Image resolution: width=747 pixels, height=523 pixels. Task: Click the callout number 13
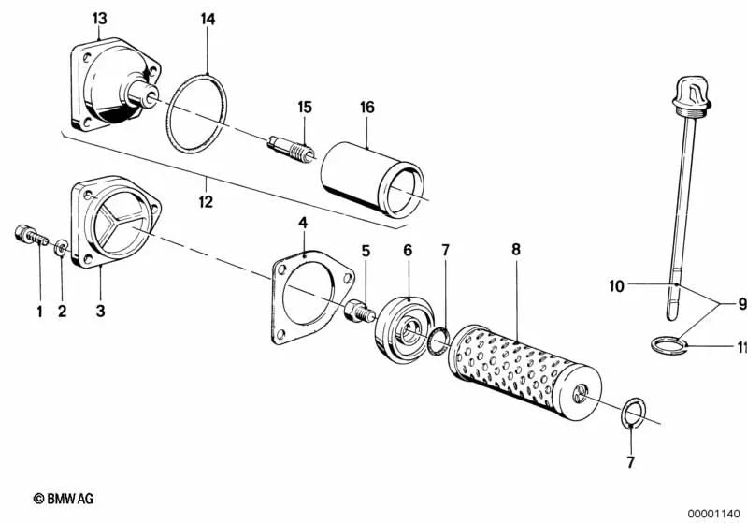pyautogui.click(x=100, y=19)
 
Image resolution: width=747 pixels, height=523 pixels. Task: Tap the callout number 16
pyautogui.click(x=367, y=108)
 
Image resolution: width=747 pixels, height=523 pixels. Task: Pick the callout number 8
pyautogui.click(x=515, y=250)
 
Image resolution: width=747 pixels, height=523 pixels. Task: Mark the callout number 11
pyautogui.click(x=740, y=348)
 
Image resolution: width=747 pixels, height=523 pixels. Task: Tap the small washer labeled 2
pyautogui.click(x=61, y=250)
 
